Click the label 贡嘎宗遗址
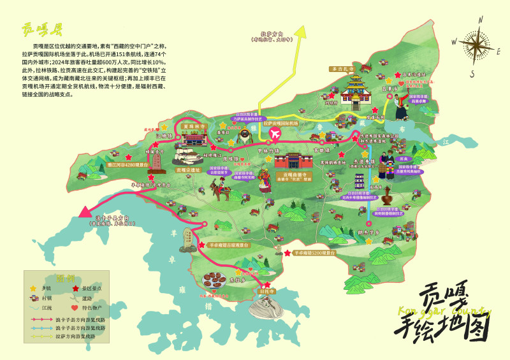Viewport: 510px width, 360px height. (187, 170)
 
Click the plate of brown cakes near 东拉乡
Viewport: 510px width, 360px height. (212, 280)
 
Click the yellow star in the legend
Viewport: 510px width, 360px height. (33, 289)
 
